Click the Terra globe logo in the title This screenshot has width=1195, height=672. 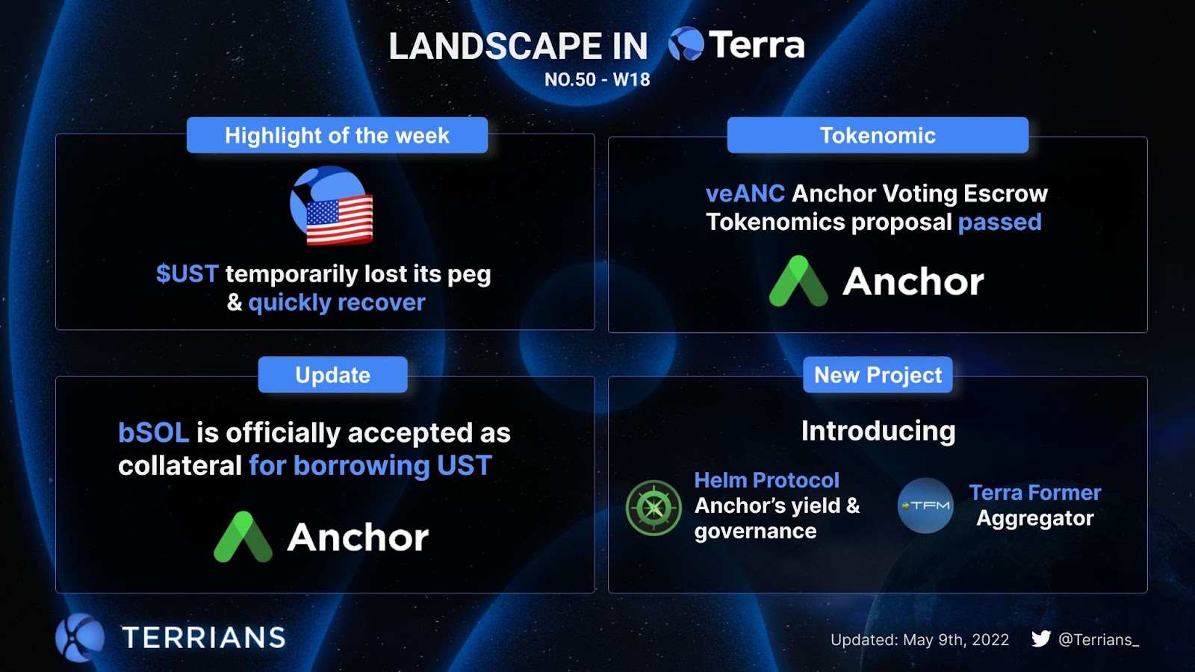(686, 44)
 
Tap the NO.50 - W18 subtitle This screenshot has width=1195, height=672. (597, 79)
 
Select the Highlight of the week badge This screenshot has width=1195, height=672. (337, 135)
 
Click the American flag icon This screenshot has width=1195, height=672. (339, 220)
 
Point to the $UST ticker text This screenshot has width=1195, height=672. (187, 273)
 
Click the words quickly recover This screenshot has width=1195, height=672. (337, 302)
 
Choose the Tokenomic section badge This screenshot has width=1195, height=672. (878, 135)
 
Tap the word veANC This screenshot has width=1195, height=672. (745, 193)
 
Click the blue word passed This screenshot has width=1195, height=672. (1000, 222)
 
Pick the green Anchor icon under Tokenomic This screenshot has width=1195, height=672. (798, 281)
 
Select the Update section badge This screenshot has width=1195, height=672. (333, 374)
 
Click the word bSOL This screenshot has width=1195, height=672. (154, 432)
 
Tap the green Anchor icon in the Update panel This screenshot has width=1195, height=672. (243, 537)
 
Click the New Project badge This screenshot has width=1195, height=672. (878, 374)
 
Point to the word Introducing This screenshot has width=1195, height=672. (878, 431)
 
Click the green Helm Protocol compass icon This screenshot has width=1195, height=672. (654, 508)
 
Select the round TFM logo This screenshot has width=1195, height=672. (925, 505)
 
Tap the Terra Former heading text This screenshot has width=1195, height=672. (1035, 492)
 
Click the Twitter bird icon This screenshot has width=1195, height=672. (1041, 638)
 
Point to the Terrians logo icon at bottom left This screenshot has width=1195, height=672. (80, 638)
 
